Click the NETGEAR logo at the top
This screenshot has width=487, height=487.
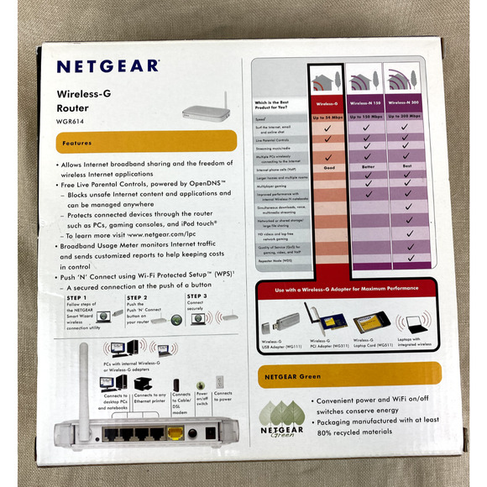[107, 66]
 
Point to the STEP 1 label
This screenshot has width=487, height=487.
[76, 296]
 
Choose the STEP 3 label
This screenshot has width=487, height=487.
[197, 296]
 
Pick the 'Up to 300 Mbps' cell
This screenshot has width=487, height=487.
[405, 115]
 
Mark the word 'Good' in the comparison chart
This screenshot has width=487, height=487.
[329, 168]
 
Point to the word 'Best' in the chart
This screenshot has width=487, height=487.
[405, 168]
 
